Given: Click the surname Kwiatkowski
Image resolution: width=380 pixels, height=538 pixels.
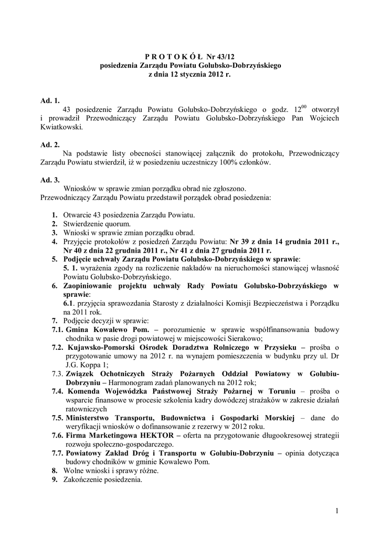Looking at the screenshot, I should pos(61,127).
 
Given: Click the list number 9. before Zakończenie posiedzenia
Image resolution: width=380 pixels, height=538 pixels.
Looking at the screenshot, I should pos(55,480).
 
